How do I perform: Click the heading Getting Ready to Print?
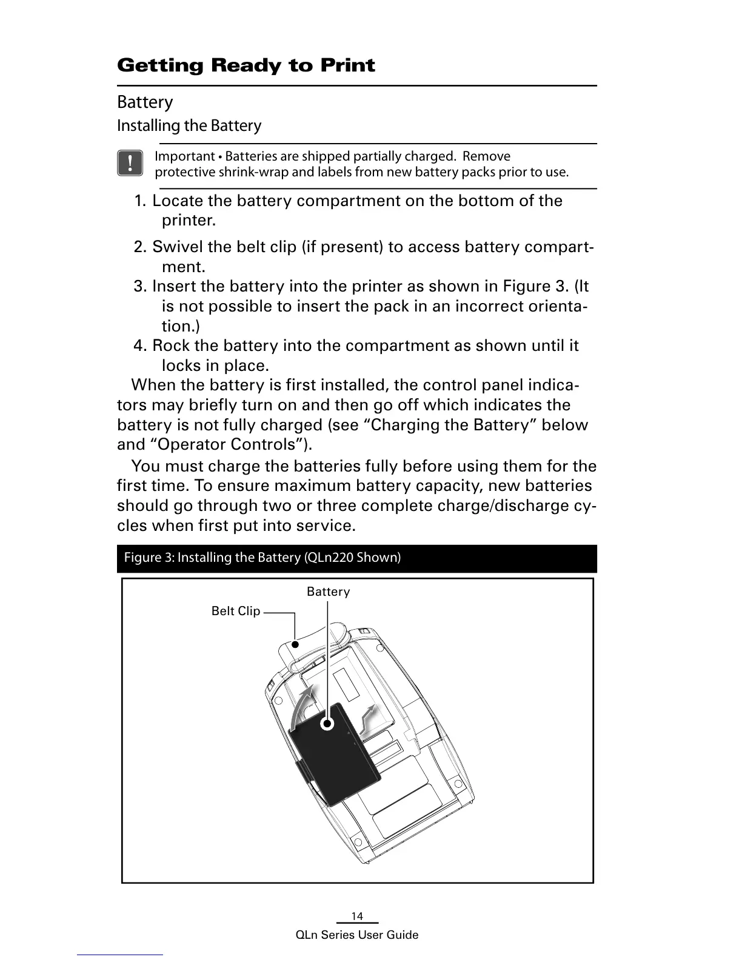(246, 65)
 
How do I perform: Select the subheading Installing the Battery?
(189, 126)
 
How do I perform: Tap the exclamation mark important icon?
(130, 164)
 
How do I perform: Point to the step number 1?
(140, 201)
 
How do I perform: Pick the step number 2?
(140, 247)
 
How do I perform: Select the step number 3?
(140, 287)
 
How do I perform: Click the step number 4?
(140, 346)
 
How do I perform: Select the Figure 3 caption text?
(262, 558)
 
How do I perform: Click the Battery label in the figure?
(328, 592)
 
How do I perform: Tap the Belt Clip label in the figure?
(235, 611)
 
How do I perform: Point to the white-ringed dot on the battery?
(327, 724)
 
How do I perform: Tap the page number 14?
(357, 916)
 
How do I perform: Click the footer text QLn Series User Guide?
(357, 935)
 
